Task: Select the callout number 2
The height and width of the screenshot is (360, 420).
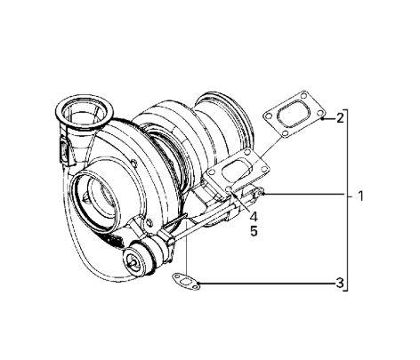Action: pos(339,117)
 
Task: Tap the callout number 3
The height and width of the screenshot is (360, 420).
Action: pos(339,284)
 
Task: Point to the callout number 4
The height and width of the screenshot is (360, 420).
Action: pos(254,216)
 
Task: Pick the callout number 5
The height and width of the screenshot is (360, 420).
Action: pos(254,230)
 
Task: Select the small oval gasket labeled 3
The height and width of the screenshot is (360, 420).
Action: pos(183,280)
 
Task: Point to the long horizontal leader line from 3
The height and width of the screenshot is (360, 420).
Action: pos(267,284)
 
